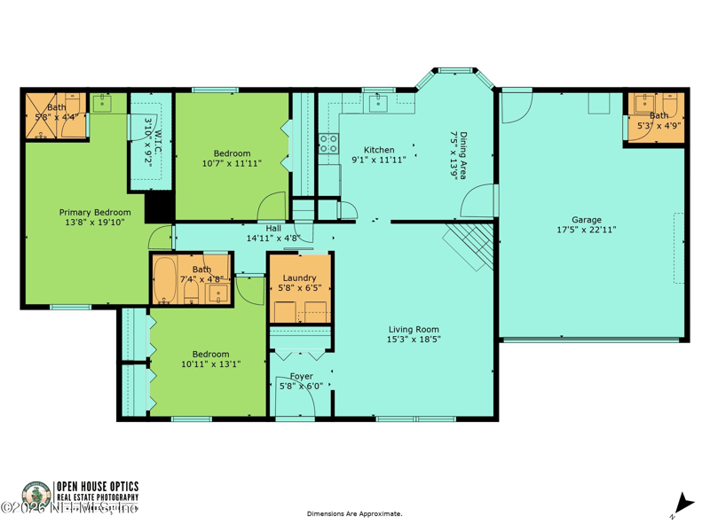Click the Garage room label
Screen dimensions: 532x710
586,220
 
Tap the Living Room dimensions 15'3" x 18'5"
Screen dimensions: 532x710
414,339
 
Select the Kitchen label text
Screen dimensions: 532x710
379,150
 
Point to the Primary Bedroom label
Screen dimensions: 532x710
95,212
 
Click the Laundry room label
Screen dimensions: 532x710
299,278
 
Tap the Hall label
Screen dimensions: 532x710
273,228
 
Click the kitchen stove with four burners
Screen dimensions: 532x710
328,144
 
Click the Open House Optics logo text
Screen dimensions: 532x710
98,486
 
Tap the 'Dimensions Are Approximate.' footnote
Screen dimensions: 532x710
354,513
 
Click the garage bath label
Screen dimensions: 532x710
659,115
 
